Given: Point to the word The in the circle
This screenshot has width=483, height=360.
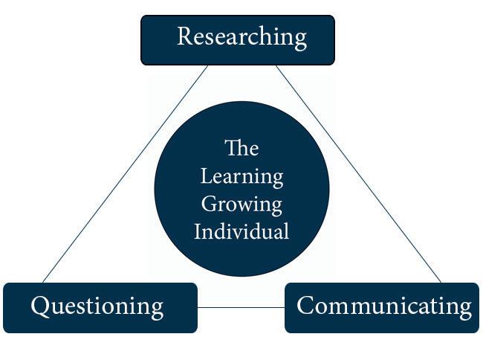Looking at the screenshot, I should [241, 148].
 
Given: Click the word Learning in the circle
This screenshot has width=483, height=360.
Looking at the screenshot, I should [241, 176].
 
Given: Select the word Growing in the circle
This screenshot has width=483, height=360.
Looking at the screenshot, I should [241, 204].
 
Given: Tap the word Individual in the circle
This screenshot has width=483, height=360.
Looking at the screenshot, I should [241, 231].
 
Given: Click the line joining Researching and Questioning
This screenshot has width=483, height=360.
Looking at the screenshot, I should [125, 174].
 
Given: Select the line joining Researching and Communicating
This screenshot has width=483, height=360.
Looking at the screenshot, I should [358, 174].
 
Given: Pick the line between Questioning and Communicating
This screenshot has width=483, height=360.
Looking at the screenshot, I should [241, 307].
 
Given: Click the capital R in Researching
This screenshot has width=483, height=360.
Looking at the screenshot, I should [185, 36].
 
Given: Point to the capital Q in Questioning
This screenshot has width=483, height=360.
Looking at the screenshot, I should [41, 306].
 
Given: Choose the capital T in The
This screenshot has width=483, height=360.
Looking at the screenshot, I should [231, 148].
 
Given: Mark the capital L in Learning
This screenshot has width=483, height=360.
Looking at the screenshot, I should [205, 176].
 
